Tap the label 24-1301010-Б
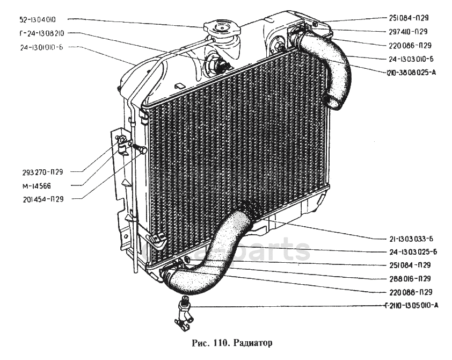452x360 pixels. coord(39,47)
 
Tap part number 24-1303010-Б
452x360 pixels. coord(410,59)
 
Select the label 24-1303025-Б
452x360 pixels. coord(410,252)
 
